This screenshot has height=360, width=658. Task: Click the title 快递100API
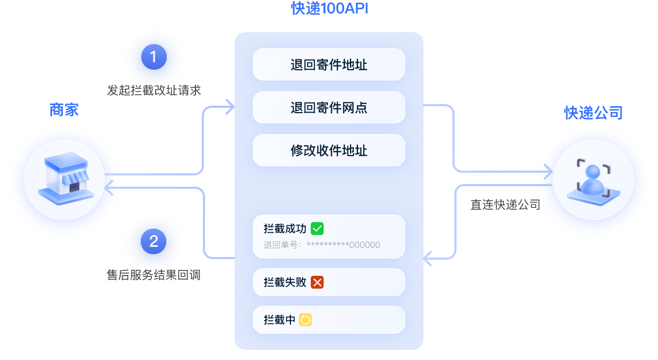[329, 9]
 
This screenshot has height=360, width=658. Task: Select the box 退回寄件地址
[328, 65]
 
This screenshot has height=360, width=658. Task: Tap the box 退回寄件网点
[328, 108]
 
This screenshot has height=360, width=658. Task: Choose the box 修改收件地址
[328, 150]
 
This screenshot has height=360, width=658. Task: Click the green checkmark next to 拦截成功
[317, 229]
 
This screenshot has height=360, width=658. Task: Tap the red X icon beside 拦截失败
[317, 282]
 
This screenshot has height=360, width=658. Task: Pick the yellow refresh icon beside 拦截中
[305, 320]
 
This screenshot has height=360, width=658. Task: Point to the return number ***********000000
[343, 245]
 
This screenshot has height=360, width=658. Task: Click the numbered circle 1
[153, 57]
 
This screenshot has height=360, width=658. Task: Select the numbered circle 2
[153, 241]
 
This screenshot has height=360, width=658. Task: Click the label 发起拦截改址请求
[154, 90]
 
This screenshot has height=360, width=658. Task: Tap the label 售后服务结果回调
[154, 275]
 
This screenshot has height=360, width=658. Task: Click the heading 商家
[64, 110]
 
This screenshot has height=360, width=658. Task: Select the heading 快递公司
[593, 113]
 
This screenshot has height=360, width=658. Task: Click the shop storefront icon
[64, 179]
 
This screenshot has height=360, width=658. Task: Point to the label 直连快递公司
[505, 204]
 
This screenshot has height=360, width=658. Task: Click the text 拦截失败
[285, 282]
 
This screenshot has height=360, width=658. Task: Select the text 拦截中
[280, 320]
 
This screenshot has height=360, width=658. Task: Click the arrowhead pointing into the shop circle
[110, 188]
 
